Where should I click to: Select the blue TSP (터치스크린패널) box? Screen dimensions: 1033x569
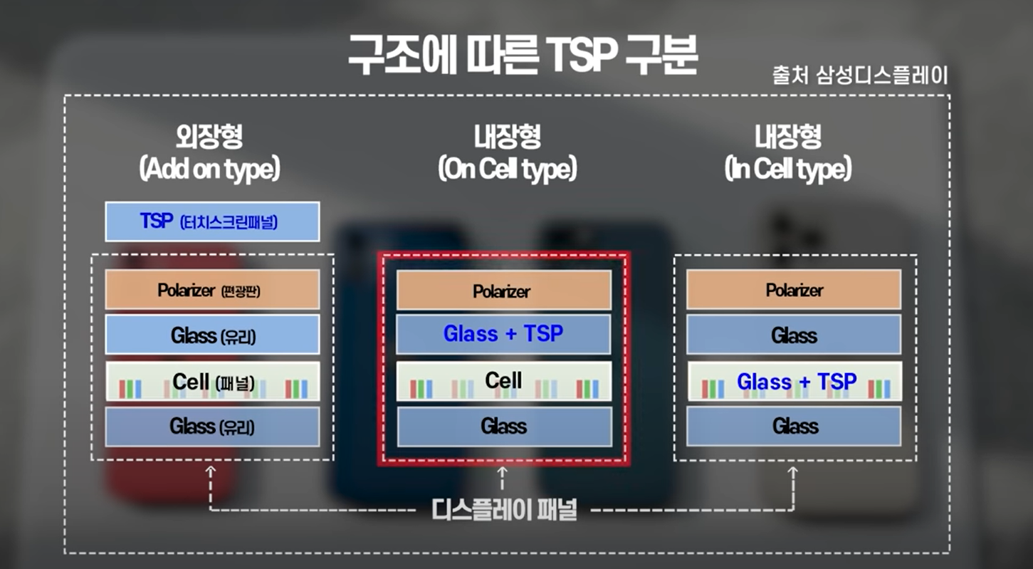(x=211, y=221)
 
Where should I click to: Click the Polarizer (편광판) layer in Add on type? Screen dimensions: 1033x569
(x=211, y=290)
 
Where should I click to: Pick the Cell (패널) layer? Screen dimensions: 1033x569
(x=211, y=382)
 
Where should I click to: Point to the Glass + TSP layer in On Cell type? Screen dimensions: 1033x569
(x=503, y=334)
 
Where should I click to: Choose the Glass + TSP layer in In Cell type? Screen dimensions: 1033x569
(x=794, y=382)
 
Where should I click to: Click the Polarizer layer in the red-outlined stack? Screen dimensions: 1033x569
(x=503, y=291)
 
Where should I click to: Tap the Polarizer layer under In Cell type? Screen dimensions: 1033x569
(x=794, y=290)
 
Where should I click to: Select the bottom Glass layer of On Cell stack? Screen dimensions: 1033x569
(x=503, y=427)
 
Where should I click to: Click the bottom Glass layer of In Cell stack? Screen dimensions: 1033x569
(x=794, y=427)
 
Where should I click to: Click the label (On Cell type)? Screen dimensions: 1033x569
(x=506, y=169)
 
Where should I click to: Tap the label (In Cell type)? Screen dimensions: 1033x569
(x=788, y=169)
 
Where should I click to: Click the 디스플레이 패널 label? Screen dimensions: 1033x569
(x=504, y=510)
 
